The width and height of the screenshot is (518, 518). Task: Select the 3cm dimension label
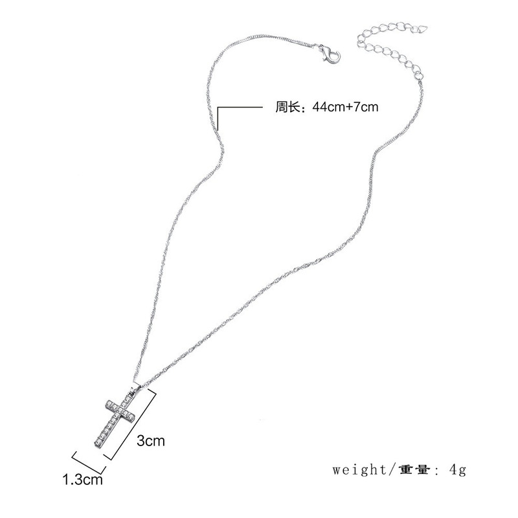[151, 442]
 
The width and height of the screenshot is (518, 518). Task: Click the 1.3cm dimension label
[82, 480]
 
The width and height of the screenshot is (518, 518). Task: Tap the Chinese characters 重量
[411, 468]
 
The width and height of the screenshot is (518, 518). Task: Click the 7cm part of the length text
[366, 107]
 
